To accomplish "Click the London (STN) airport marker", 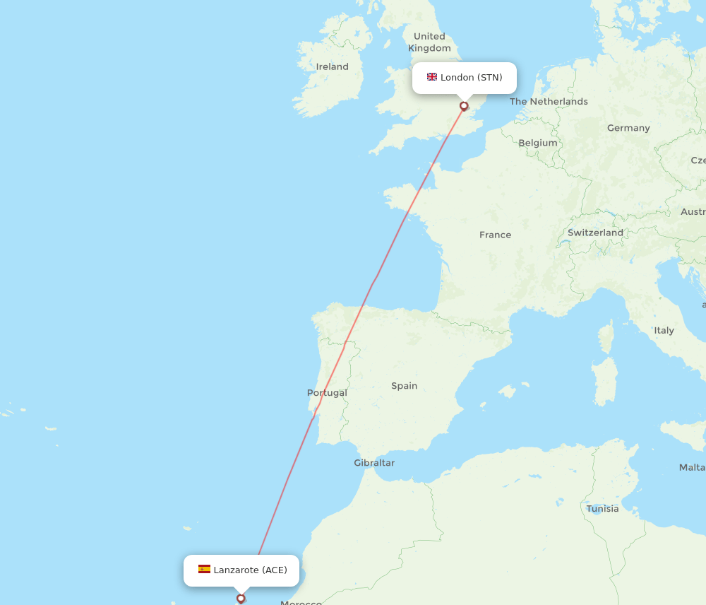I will pos(464,106).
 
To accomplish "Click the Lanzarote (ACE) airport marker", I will pos(241,598).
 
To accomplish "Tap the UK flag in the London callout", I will pos(432,77).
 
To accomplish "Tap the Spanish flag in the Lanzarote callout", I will pos(204,570).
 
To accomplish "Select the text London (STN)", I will pos(472,77).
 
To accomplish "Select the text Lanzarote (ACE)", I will pos(251,570).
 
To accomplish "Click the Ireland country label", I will pos(333,66).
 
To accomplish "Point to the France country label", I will pos(495,235).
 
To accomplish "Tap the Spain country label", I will pos(405,386).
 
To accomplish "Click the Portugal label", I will pos(327,392).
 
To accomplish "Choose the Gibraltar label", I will pos(374,463).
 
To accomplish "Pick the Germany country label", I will pos(628,128).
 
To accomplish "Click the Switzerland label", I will pos(595,233).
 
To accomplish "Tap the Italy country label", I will pos(664,330).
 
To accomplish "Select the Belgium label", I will pos(538,143).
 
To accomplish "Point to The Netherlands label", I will pos(549,101).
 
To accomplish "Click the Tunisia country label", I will pos(602,509).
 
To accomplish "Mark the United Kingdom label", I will pos(429,42).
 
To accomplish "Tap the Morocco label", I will pos(301,602).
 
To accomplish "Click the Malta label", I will pos(692,467).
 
